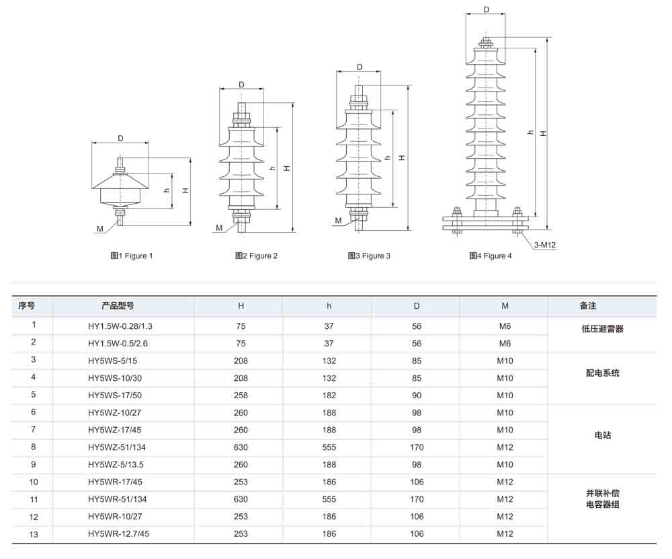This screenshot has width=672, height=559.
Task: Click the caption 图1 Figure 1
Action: tap(132, 256)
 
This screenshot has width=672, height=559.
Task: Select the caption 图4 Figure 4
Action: tap(491, 256)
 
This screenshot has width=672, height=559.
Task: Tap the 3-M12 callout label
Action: tap(545, 245)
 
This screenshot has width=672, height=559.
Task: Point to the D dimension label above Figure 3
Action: tap(360, 67)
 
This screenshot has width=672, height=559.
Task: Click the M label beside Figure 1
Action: tap(99, 229)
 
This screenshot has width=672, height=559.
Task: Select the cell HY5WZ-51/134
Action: tap(118, 447)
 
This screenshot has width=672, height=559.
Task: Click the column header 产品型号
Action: tap(118, 305)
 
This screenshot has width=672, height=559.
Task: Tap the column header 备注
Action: tap(588, 305)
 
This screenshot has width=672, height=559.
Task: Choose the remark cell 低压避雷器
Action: tap(602, 329)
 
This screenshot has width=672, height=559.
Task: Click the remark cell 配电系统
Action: tap(602, 373)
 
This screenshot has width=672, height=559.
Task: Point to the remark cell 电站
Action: tap(602, 435)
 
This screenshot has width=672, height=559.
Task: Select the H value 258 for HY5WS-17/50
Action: tap(241, 396)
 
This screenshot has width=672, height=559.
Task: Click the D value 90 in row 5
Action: tap(417, 396)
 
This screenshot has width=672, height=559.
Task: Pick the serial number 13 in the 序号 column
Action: tap(34, 533)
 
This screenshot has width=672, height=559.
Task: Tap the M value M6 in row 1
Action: tap(505, 326)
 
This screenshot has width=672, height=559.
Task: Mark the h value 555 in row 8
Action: tap(329, 447)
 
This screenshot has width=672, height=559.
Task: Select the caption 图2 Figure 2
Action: tap(256, 256)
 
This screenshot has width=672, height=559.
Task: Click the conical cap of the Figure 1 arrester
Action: tap(120, 180)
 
